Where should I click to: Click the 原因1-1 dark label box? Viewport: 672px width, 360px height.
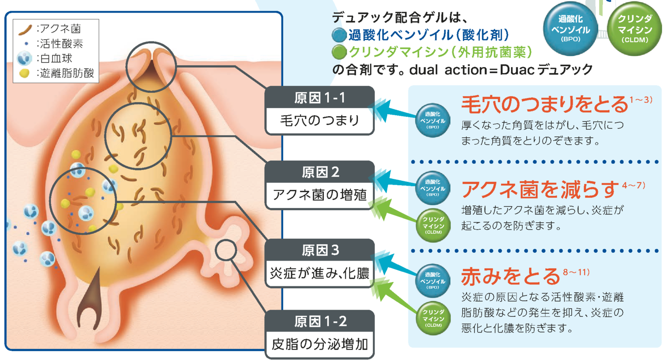(320, 98)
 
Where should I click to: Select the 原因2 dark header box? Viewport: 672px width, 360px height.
(320, 173)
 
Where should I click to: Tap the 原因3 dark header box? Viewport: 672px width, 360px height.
(320, 250)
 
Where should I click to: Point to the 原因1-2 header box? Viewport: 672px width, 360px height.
(320, 321)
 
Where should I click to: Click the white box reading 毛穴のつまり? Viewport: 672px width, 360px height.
(320, 121)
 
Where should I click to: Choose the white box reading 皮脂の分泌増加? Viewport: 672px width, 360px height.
(320, 345)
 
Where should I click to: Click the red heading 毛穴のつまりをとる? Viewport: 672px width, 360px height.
(545, 104)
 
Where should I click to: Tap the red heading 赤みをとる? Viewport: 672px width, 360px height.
(510, 276)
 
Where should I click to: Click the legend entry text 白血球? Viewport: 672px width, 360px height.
(56, 59)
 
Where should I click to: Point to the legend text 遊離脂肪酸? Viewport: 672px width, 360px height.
(65, 73)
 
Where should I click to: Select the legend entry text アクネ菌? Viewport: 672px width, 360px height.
(61, 29)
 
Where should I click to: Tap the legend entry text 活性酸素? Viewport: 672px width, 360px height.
(61, 44)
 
